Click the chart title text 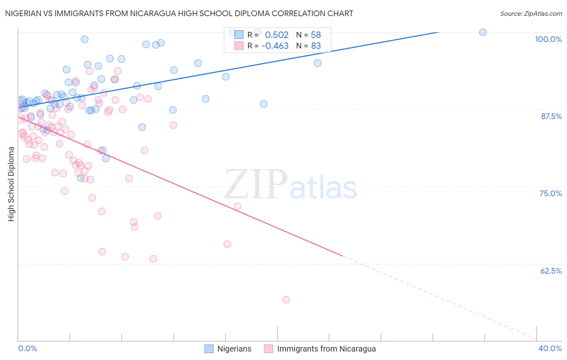[x=179, y=13]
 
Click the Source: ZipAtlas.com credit [x=531, y=13]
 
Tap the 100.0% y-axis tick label [x=548, y=39]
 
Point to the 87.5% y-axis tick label [x=551, y=116]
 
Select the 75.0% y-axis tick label [x=550, y=193]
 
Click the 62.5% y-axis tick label [x=551, y=271]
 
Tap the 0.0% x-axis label [x=27, y=348]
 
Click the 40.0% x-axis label [x=550, y=348]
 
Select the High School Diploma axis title [x=11, y=184]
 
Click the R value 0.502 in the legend [x=277, y=35]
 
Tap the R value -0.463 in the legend [x=275, y=46]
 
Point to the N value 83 [x=316, y=46]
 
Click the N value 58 [x=316, y=35]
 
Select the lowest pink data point [x=286, y=299]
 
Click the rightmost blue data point [x=483, y=32]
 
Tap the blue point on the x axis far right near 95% [x=317, y=63]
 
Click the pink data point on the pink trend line [x=238, y=206]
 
